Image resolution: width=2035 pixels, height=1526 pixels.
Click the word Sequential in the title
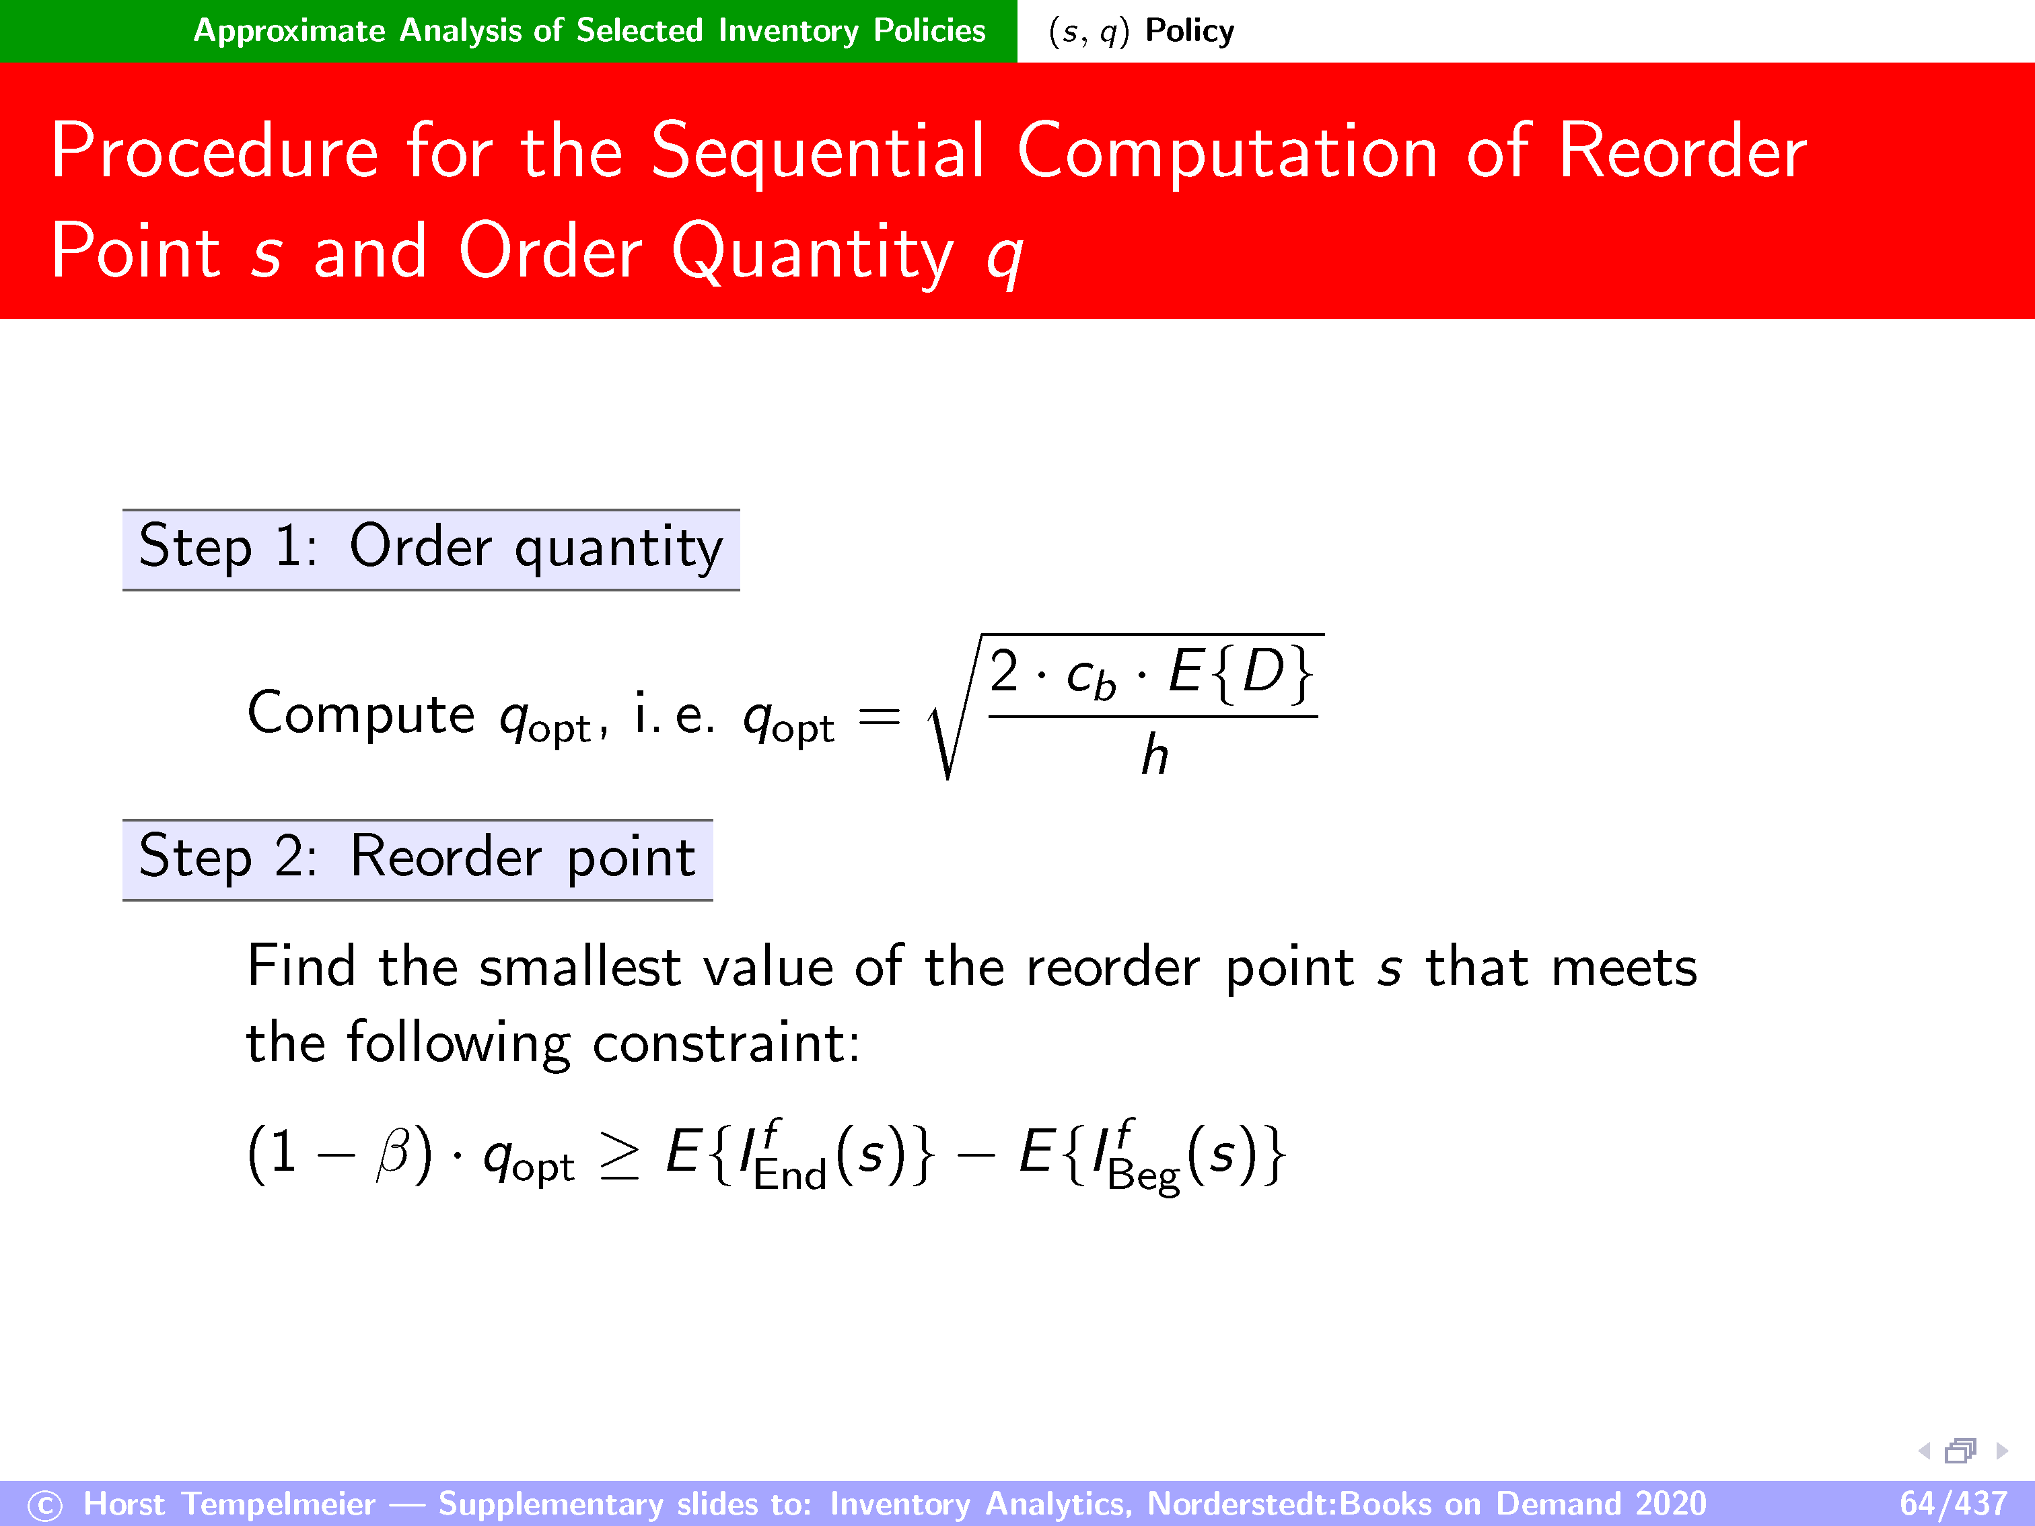818,153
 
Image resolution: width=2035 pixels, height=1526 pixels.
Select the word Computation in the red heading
1227,153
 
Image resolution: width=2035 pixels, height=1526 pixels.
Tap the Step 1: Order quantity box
431,549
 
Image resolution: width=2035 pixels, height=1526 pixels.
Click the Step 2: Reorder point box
418,859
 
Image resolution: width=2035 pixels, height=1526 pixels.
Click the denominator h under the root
1155,755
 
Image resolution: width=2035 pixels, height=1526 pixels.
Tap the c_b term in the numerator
1091,679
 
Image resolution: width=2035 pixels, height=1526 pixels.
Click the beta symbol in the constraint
394,1153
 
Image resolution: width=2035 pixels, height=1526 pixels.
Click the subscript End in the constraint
789,1175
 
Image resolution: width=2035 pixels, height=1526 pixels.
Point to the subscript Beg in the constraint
1143,1177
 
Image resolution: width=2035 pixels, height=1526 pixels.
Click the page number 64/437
1953,1503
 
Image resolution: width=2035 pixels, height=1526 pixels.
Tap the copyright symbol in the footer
45,1506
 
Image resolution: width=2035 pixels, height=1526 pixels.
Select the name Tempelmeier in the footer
279,1504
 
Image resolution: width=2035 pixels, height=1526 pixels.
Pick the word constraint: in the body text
726,1044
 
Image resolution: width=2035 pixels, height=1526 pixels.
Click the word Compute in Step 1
361,714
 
